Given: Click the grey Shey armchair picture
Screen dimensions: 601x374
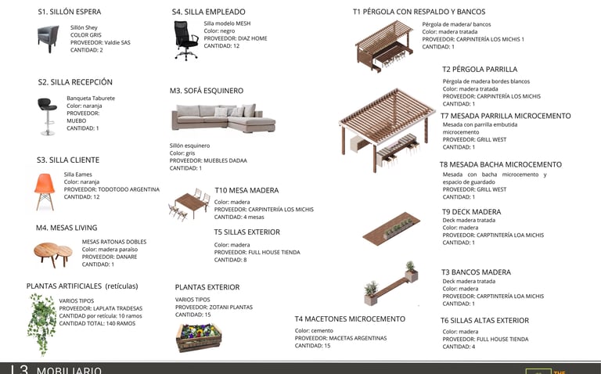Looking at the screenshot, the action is (48, 38).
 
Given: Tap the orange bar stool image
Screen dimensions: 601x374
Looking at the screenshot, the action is (47, 115).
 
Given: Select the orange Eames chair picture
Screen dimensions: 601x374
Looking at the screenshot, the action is (45, 190).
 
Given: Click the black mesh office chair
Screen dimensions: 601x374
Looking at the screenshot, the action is (185, 41).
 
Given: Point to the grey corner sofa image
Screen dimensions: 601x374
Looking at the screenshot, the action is (223, 117).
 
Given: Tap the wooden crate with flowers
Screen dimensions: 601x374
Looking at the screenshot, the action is (199, 336).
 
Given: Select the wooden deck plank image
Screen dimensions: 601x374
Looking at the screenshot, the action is (391, 229).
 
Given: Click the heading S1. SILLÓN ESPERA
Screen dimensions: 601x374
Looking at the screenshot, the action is (69, 13).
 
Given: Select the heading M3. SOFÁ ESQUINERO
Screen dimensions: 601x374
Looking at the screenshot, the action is (207, 91).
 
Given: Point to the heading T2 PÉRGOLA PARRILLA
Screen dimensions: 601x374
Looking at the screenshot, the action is (479, 70).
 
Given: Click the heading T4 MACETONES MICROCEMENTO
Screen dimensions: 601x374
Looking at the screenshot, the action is (350, 319).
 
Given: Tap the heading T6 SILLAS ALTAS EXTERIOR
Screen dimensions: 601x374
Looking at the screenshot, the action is (484, 321).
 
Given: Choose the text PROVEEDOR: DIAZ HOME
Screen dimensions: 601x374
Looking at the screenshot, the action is (236, 38).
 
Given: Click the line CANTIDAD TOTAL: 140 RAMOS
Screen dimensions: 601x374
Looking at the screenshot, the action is (97, 323).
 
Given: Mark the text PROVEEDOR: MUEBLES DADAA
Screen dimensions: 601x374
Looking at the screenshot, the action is (208, 160).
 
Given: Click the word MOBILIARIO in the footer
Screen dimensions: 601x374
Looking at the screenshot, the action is (69, 369).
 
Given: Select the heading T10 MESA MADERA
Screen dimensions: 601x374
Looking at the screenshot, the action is (247, 190).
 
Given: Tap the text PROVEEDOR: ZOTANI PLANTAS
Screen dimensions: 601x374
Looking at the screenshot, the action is (214, 307).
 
